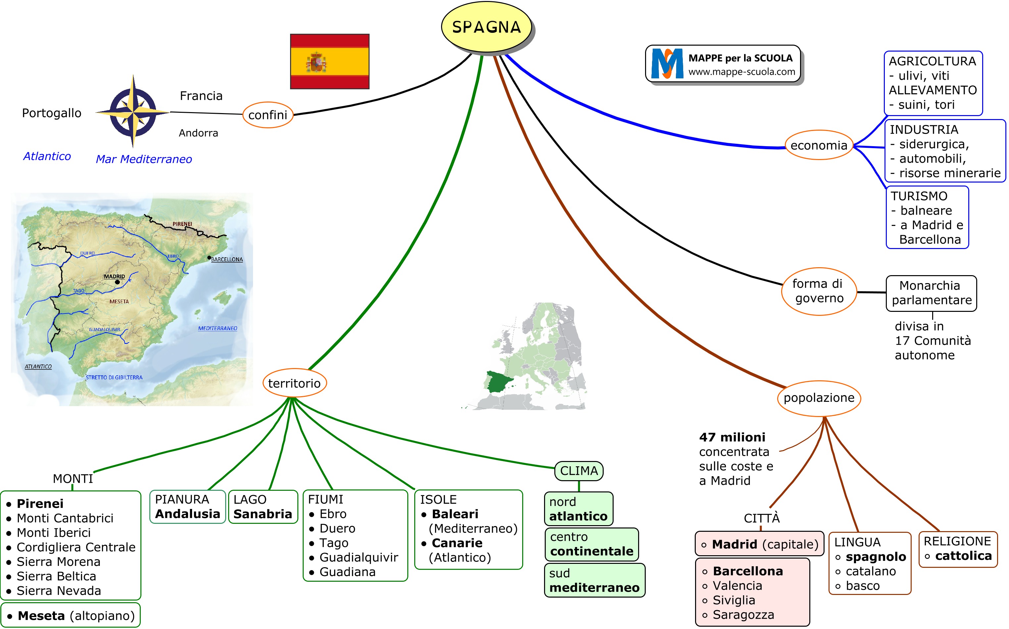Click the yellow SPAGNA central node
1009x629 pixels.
pyautogui.click(x=486, y=27)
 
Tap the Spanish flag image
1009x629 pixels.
pyautogui.click(x=329, y=61)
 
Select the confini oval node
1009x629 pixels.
pyautogui.click(x=268, y=115)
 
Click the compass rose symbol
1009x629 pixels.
pyautogui.click(x=133, y=111)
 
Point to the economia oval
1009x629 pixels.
pyautogui.click(x=818, y=145)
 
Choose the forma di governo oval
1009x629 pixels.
pyautogui.click(x=819, y=291)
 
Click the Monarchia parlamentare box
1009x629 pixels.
pyautogui.click(x=931, y=293)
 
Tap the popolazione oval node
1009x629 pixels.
pyautogui.click(x=819, y=398)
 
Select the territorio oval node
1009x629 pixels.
pyautogui.click(x=294, y=383)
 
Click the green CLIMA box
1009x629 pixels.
pyautogui.click(x=579, y=471)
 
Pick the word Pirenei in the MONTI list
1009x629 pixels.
pyautogui.click(x=40, y=504)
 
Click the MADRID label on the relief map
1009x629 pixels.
pyautogui.click(x=114, y=277)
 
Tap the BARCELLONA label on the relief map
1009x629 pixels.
pyautogui.click(x=227, y=260)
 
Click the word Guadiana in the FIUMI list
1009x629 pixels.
pyautogui.click(x=347, y=572)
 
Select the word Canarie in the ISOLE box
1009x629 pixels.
pyautogui.click(x=457, y=543)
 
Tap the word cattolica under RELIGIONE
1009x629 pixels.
pyautogui.click(x=963, y=556)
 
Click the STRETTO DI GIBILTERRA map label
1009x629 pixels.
pyautogui.click(x=114, y=377)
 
